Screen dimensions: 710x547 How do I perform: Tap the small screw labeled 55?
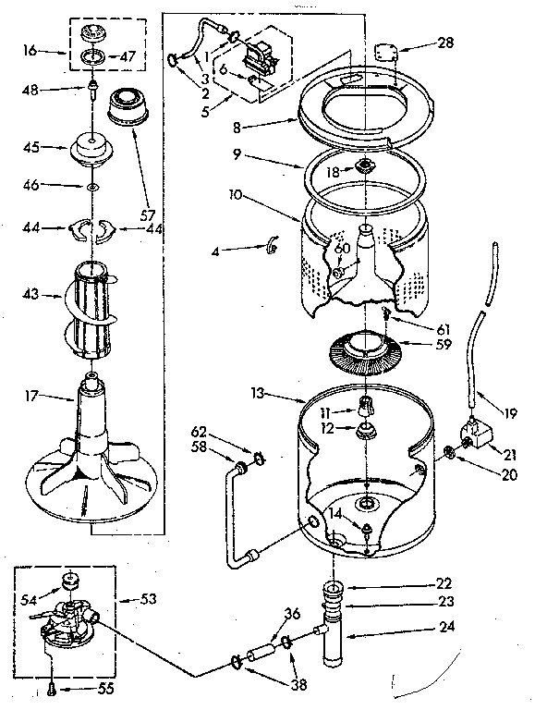(x=53, y=687)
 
